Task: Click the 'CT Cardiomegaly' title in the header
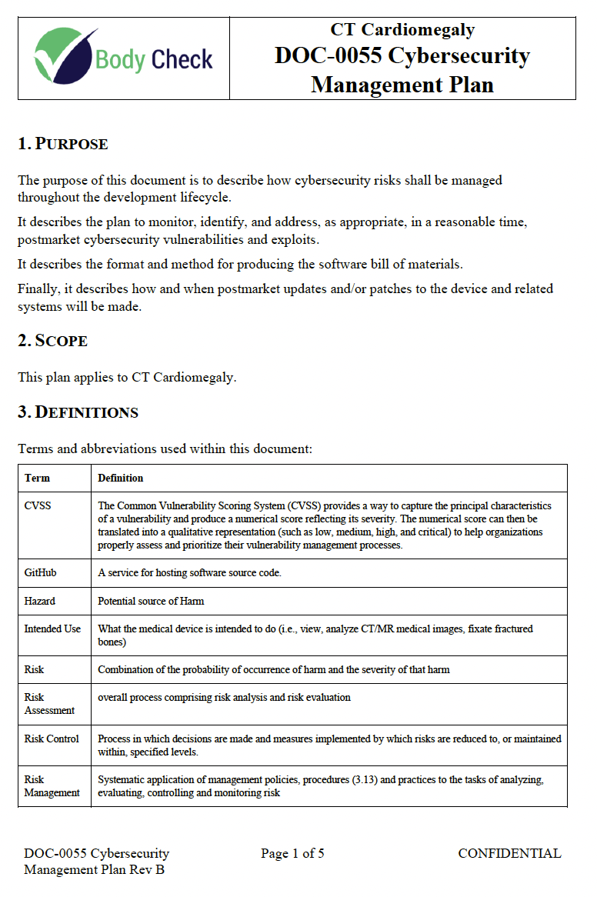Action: coord(402,30)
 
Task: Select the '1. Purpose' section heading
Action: coord(63,144)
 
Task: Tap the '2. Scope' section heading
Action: coord(53,341)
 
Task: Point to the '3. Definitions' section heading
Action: coord(78,412)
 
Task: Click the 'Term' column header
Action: coord(37,478)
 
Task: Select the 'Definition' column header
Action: coord(121,478)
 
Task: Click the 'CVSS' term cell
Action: coord(38,506)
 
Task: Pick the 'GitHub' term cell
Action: coord(40,573)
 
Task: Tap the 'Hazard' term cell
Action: coord(40,601)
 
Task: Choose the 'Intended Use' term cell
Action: coord(52,629)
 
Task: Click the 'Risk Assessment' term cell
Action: coord(49,704)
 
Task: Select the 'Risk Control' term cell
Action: coord(52,739)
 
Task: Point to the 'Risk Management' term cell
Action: coord(52,785)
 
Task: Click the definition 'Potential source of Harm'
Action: coord(151,601)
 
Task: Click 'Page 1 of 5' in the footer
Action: coord(292,853)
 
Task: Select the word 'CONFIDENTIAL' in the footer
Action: coord(509,853)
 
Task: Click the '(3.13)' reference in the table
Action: coord(335,779)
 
